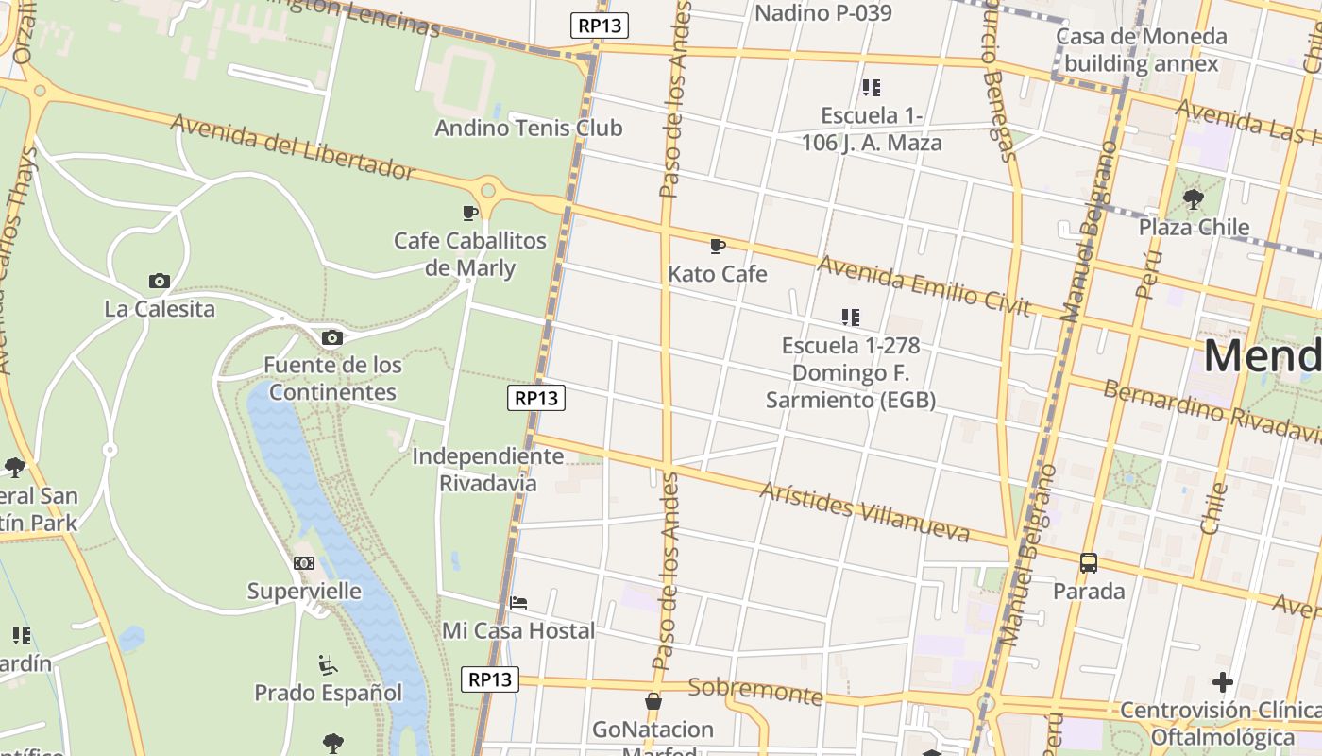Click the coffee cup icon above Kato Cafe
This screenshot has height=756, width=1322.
coord(718,247)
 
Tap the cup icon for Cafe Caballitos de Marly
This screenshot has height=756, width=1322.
coord(470,213)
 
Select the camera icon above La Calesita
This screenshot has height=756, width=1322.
coord(160,281)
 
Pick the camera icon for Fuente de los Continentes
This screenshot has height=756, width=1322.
coord(331,337)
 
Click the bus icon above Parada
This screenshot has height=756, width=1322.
coord(1089,563)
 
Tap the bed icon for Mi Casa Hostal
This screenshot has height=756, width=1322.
coord(518,603)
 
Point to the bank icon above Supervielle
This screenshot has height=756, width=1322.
coord(304,563)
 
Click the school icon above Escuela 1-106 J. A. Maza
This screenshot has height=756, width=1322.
coord(871,88)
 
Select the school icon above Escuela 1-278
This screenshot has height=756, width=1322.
coord(850,318)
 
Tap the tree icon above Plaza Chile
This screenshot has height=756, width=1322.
coord(1194,199)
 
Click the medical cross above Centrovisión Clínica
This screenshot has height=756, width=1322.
coord(1223,681)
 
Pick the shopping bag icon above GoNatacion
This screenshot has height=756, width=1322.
coord(653,701)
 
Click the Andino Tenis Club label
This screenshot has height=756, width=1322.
coord(528,128)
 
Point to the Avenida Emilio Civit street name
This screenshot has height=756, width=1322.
coord(924,284)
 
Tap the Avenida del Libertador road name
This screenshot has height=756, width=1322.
coord(293,146)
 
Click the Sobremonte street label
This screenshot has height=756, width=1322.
coord(755,691)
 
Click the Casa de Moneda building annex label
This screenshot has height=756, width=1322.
coord(1141,50)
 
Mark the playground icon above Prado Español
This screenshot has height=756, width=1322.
coord(328,665)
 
